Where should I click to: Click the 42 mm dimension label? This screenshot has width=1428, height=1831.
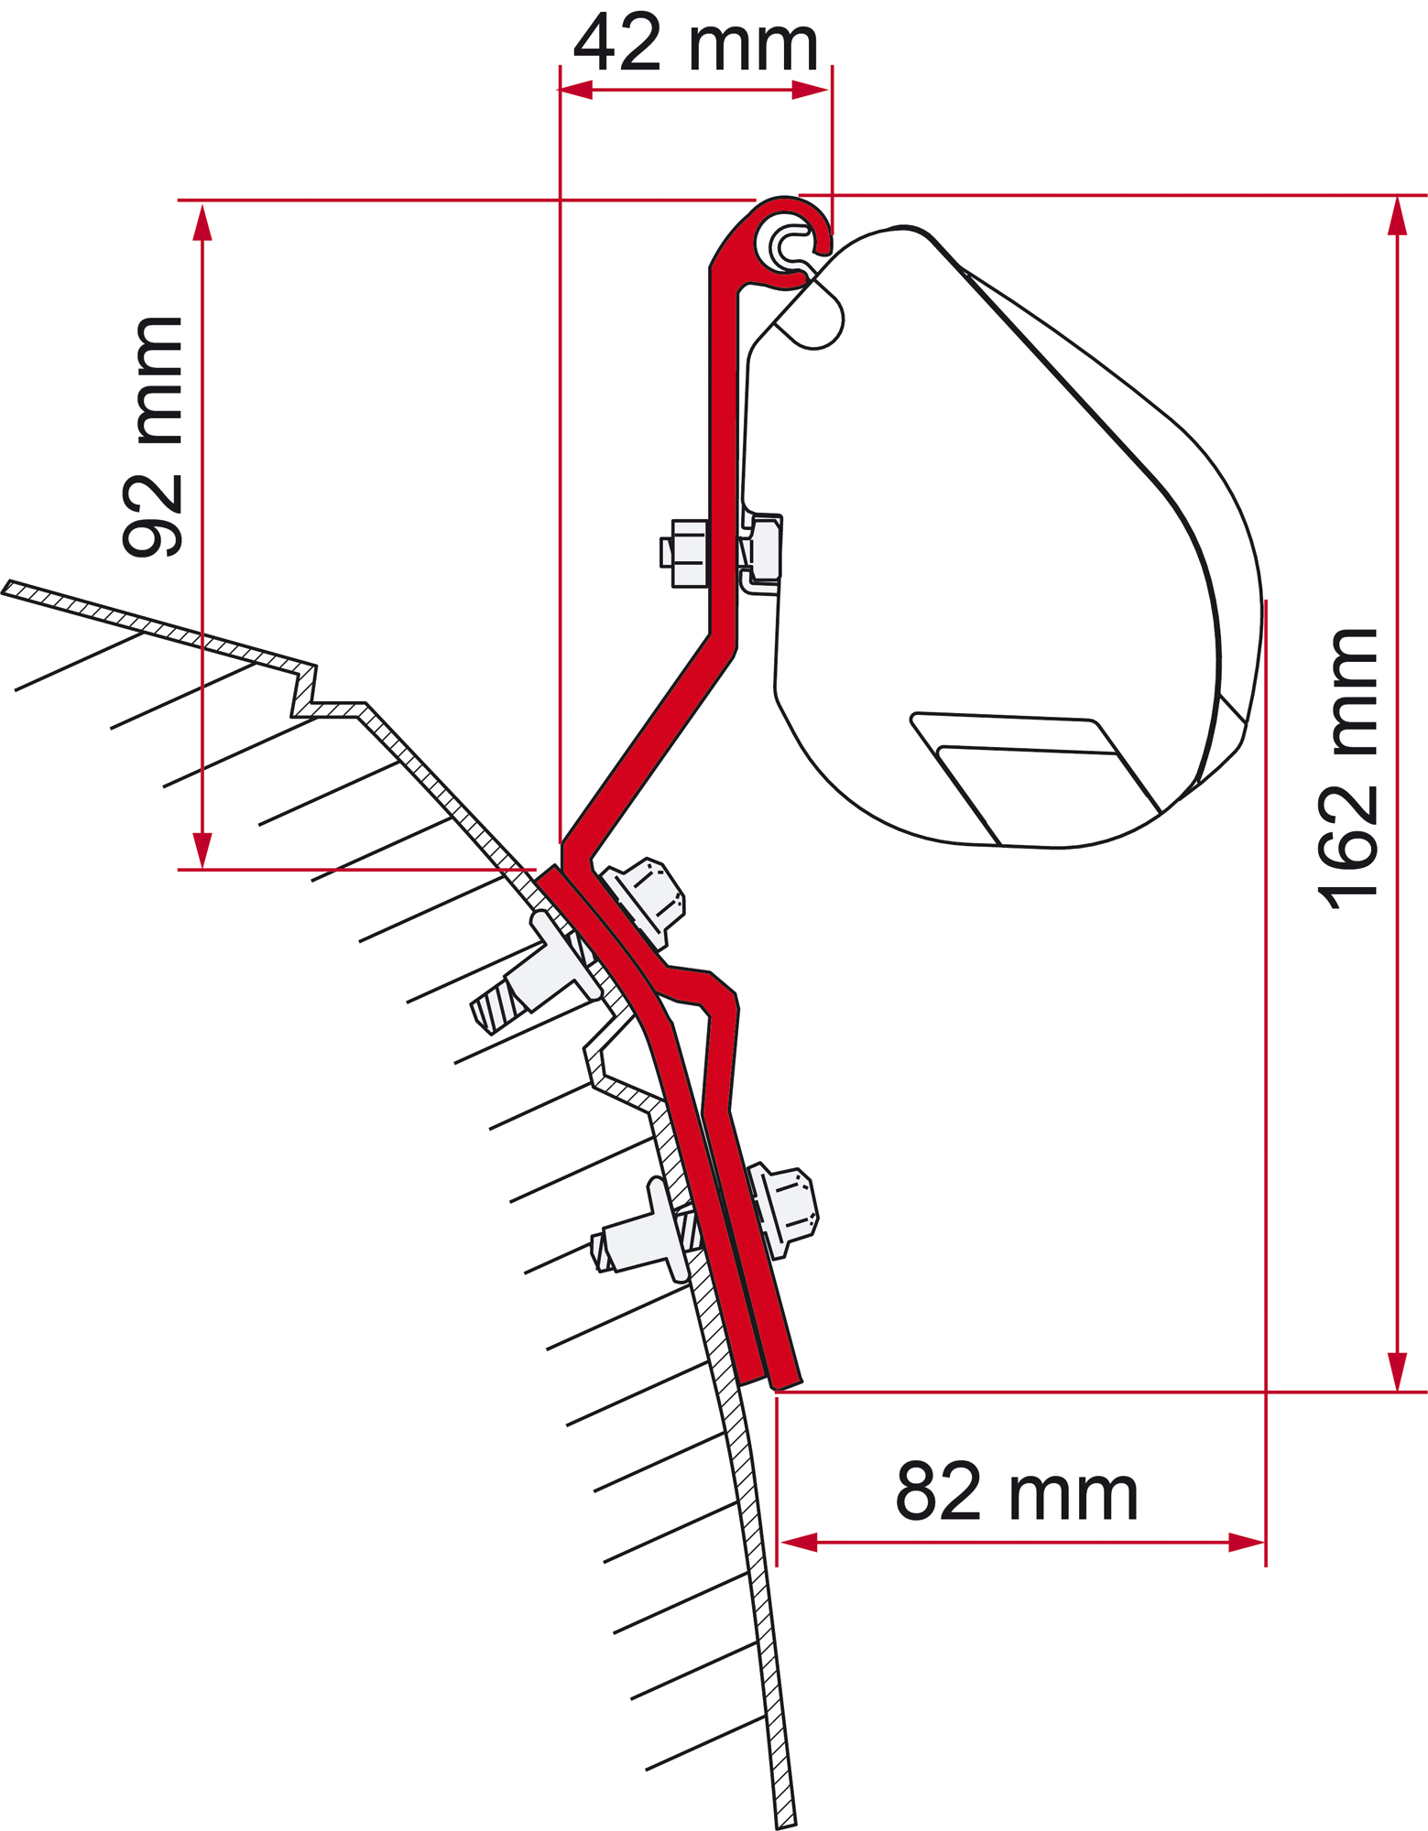click(x=695, y=43)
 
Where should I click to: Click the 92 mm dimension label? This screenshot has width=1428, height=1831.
click(x=153, y=437)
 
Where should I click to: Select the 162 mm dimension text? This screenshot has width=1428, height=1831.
click(x=1346, y=769)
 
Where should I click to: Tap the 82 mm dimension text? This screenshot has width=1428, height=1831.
click(x=1017, y=1492)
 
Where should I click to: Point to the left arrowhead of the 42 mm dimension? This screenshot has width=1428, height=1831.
click(x=576, y=90)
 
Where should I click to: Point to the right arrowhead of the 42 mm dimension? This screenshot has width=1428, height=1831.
click(x=811, y=90)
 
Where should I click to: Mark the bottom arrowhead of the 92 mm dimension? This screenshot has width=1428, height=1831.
click(x=202, y=850)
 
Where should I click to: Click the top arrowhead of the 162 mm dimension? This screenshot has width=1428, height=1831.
click(x=1397, y=215)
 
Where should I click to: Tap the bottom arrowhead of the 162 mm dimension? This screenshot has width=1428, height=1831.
click(x=1397, y=1371)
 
